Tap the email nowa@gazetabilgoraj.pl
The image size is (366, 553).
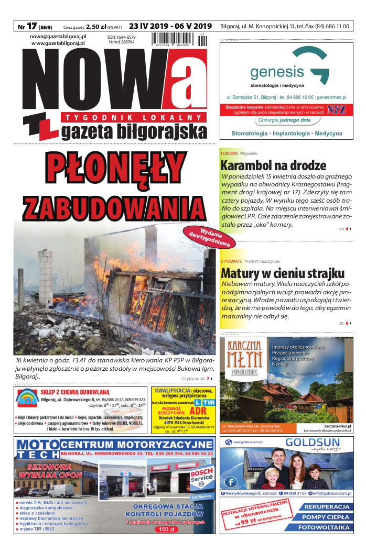[58, 37]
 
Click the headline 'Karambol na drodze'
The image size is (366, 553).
[273, 166]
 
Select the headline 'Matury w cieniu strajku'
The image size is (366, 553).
[282, 273]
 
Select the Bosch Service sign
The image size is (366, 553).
[201, 478]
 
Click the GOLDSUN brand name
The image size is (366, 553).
[313, 444]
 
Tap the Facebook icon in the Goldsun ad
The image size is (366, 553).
[230, 481]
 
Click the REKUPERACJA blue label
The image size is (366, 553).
[327, 507]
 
